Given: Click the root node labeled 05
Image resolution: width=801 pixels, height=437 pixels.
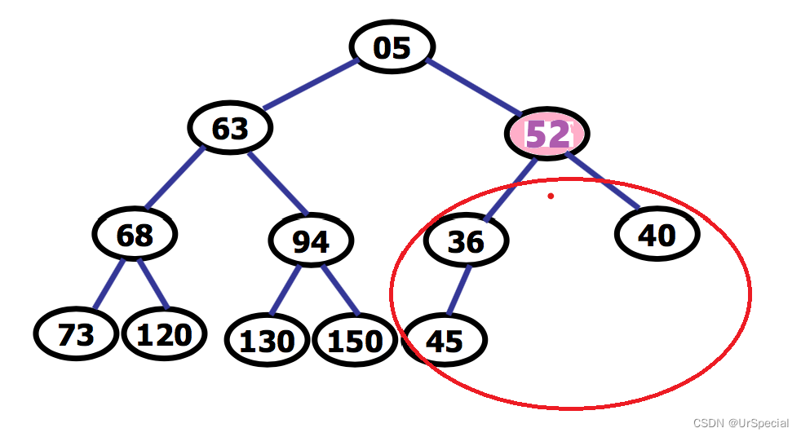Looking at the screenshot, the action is [x=392, y=47].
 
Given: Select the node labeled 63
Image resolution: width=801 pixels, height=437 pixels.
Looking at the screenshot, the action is [x=230, y=128].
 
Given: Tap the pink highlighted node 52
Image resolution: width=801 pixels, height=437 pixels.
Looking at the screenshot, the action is [x=547, y=134].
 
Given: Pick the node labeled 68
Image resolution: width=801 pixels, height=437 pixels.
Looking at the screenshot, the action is [x=135, y=235].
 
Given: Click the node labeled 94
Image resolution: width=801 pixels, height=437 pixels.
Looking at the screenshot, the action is [x=311, y=241].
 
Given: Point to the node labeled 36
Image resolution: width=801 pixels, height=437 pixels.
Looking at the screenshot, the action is [x=466, y=241].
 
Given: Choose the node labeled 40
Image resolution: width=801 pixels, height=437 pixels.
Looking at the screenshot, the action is [x=657, y=235].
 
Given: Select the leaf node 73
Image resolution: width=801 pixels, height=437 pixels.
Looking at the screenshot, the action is [x=76, y=334].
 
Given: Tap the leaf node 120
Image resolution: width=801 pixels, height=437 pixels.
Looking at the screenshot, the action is [x=164, y=334].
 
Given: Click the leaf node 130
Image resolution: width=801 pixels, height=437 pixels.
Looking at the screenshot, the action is [x=268, y=340].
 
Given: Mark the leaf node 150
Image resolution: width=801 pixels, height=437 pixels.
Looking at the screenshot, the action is [x=355, y=340].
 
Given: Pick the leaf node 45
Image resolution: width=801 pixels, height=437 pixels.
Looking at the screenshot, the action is [x=445, y=340].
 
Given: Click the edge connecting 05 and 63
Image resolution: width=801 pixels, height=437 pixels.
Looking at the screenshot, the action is [x=308, y=85].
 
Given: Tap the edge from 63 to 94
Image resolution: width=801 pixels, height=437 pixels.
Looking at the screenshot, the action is [x=277, y=182].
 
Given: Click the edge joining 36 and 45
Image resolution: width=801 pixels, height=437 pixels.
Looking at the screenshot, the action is [x=458, y=289].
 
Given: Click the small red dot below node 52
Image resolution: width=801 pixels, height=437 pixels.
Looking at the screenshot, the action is [x=551, y=196].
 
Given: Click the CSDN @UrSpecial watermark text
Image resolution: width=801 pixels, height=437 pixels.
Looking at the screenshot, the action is [x=741, y=423].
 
